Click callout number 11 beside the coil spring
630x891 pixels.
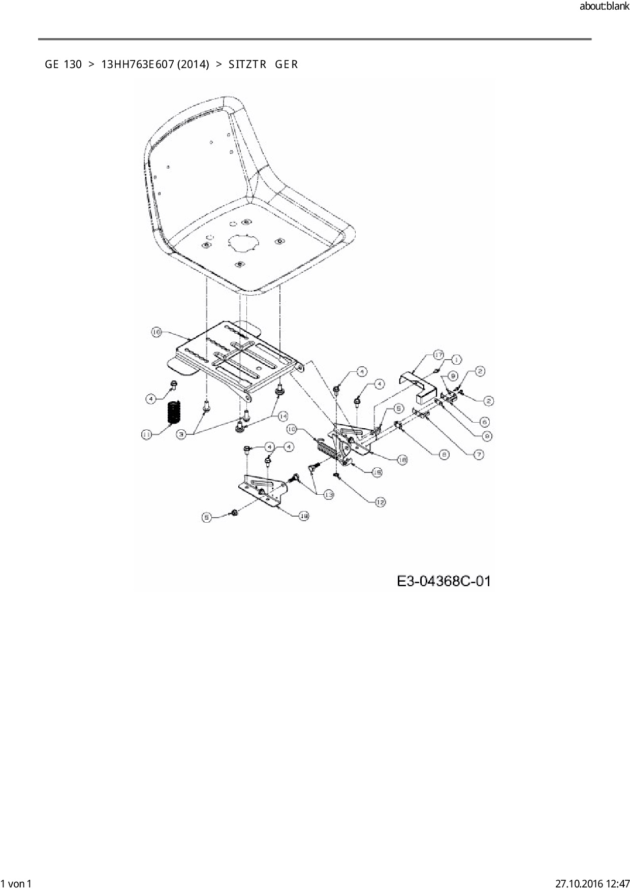tap(147, 435)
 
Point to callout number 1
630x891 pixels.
tap(456, 360)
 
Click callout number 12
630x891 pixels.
tap(381, 502)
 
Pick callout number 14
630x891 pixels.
tap(282, 416)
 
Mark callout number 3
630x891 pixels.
tap(181, 434)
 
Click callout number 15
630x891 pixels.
tap(377, 472)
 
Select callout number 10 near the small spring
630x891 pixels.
tap(292, 429)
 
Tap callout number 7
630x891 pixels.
tap(479, 454)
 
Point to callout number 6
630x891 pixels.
tap(485, 421)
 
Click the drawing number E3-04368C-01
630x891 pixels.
tap(444, 581)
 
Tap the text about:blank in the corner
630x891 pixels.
tap(604, 7)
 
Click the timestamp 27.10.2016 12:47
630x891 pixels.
tap(592, 883)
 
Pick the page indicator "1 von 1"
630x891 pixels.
tap(16, 883)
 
